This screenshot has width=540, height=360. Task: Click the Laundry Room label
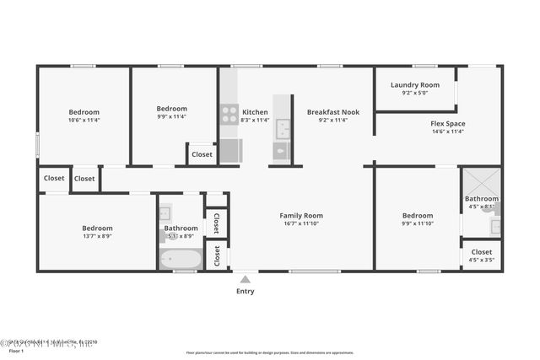pyautogui.click(x=415, y=85)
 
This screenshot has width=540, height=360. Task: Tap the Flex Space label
pyautogui.click(x=448, y=123)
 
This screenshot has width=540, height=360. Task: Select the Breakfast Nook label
pyautogui.click(x=332, y=111)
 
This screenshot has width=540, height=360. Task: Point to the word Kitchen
pyautogui.click(x=255, y=111)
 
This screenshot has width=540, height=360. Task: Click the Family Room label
pyautogui.click(x=301, y=216)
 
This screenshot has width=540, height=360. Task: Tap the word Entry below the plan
pyautogui.click(x=246, y=291)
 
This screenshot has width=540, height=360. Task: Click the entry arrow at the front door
pyautogui.click(x=246, y=277)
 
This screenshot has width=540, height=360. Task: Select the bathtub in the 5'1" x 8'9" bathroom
pyautogui.click(x=181, y=259)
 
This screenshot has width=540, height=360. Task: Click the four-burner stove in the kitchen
pyautogui.click(x=229, y=114)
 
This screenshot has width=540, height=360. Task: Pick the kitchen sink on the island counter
pyautogui.click(x=282, y=129)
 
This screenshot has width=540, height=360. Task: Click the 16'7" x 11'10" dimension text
pyautogui.click(x=301, y=224)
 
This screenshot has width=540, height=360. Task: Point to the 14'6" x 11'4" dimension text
pyautogui.click(x=448, y=132)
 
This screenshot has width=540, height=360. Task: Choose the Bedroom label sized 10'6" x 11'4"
pyautogui.click(x=84, y=111)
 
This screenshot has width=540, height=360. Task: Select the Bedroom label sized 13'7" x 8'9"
pyautogui.click(x=97, y=228)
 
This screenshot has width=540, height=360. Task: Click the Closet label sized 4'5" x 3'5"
pyautogui.click(x=482, y=251)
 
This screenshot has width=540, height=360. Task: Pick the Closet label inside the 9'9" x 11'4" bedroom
pyautogui.click(x=202, y=154)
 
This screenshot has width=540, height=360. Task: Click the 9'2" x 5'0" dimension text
pyautogui.click(x=415, y=94)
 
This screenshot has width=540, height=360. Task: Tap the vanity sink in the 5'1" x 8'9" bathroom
pyautogui.click(x=165, y=212)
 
